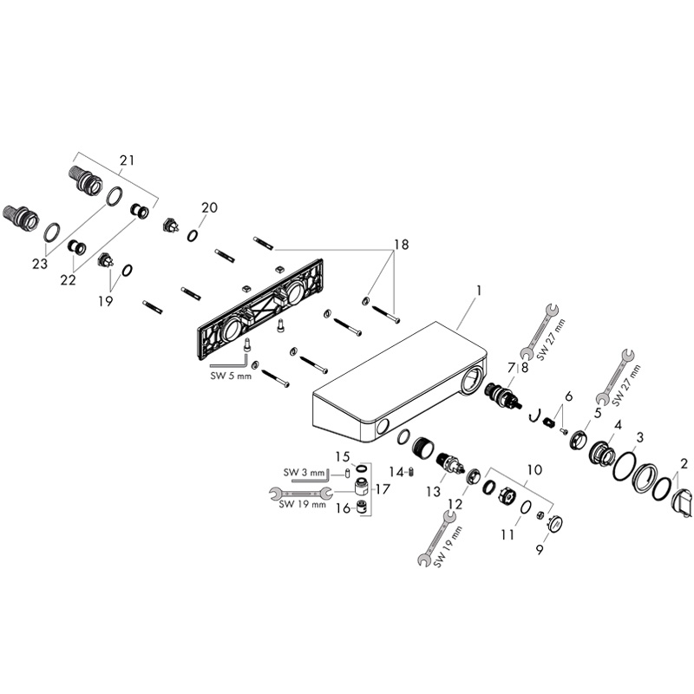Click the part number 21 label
click(x=127, y=160)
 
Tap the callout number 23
click(x=40, y=264)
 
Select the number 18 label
click(x=402, y=245)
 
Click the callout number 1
click(x=479, y=291)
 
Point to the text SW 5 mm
click(x=231, y=376)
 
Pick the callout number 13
click(x=434, y=491)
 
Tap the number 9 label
click(x=540, y=550)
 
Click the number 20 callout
click(x=209, y=207)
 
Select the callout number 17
click(x=383, y=488)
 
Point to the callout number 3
click(x=639, y=438)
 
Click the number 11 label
click(x=507, y=535)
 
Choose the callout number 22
click(x=69, y=279)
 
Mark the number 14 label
click(x=396, y=472)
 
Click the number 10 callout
click(x=534, y=469)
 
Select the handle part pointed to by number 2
click(x=680, y=503)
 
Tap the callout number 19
click(x=105, y=301)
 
